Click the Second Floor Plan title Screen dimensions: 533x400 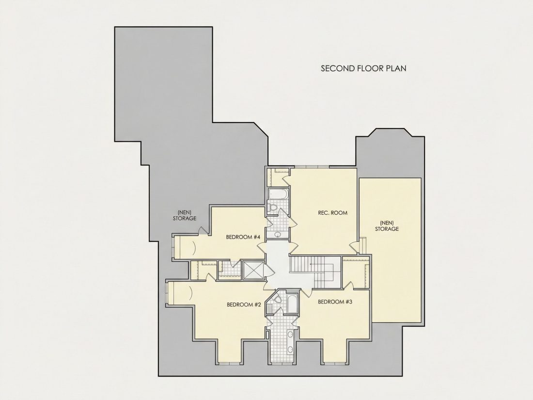pos(363,68)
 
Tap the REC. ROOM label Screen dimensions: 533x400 pos(332,213)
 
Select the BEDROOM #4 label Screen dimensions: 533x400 pos(243,237)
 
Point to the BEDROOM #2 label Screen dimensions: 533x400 pos(244,304)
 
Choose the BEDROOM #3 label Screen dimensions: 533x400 pos(335,302)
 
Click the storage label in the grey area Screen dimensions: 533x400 pos(185,216)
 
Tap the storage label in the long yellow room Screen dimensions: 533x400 pos(387,226)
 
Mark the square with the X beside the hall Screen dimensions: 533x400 pos(253,271)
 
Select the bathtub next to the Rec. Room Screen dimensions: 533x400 pos(279,194)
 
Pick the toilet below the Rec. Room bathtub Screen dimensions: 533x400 pos(272,207)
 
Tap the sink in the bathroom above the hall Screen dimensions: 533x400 pos(277,234)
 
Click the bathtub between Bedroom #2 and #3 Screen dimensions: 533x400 pos(292,304)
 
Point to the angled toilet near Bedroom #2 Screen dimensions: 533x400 pos(276,299)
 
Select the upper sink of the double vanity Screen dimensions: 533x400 pos(290,335)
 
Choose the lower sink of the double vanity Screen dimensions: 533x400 pos(290,349)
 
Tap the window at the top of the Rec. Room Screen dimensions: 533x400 pos(312,167)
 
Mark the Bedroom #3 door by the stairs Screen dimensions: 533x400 pos(305,292)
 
